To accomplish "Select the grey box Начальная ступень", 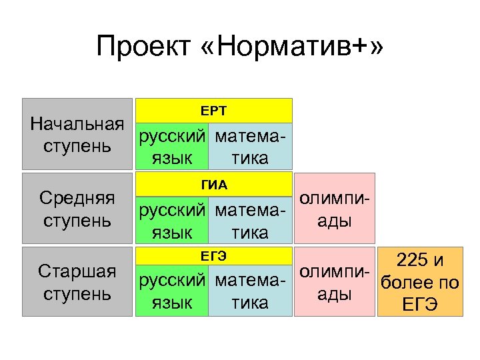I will (77, 134).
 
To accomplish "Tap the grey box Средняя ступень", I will (77, 208).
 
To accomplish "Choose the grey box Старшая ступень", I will (77, 282).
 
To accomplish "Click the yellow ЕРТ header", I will (214, 110).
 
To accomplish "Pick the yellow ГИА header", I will (214, 184).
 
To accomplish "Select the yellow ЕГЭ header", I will (214, 257).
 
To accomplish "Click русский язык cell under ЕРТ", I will (172, 147).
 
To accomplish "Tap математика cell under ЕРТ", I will (251, 147).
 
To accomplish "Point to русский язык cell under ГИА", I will (172, 221).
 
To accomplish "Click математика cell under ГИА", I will (251, 221).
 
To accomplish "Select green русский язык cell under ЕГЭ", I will (172, 292).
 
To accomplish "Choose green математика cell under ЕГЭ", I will (251, 292).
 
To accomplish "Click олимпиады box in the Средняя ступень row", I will (335, 209).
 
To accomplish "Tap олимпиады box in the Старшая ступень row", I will (335, 283).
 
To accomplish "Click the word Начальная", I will (77, 124).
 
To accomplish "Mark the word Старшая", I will (77, 272).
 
